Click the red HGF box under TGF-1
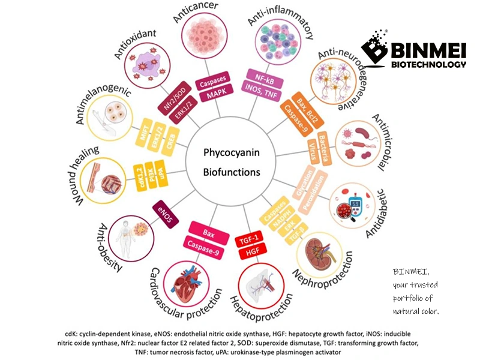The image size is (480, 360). [x=248, y=253]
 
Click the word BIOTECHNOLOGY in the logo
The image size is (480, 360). [x=427, y=64]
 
